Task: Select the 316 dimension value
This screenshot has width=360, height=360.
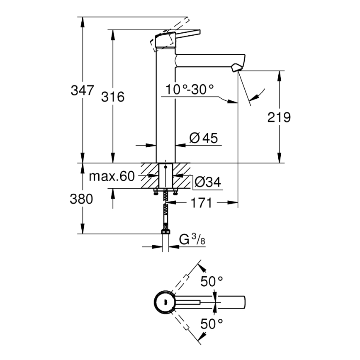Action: (112, 97)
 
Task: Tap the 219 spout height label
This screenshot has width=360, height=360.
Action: (279, 117)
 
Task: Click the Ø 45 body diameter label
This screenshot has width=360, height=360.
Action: (204, 138)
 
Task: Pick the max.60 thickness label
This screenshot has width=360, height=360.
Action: (112, 177)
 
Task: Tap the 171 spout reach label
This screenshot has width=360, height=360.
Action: (202, 203)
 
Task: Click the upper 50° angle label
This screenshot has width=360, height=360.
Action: (212, 282)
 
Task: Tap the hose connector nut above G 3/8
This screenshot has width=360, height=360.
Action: (165, 229)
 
